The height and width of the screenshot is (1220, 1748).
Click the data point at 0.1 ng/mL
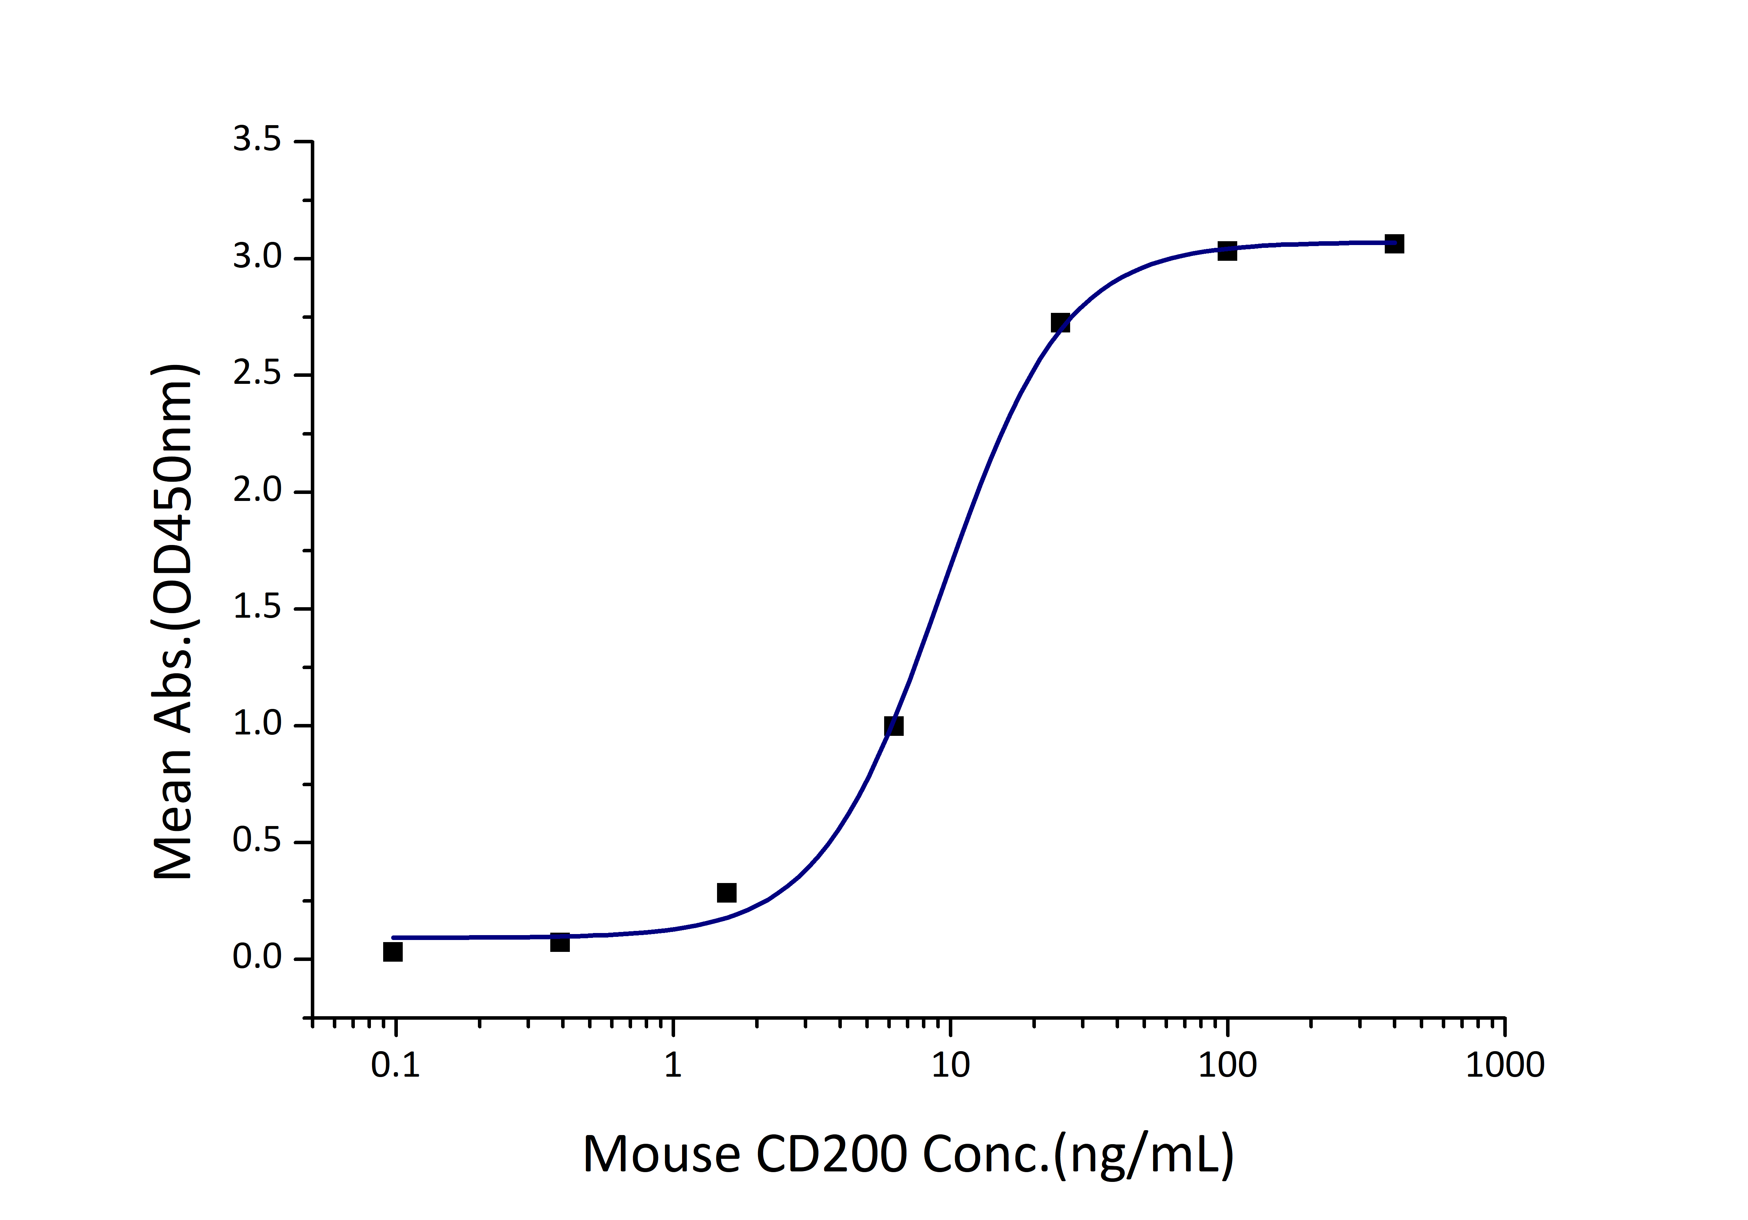[393, 951]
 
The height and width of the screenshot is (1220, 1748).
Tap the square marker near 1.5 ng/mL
[726, 892]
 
